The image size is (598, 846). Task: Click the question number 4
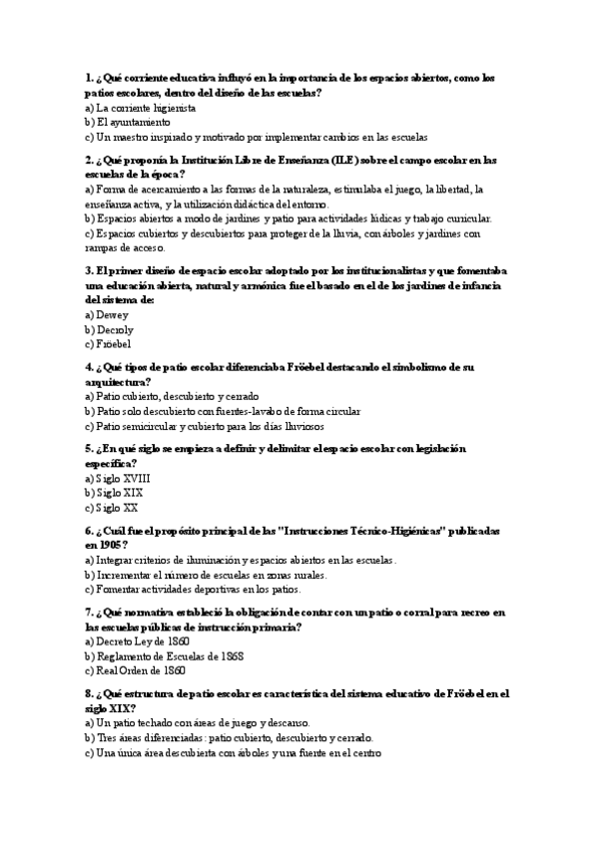(89, 366)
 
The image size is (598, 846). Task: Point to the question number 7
(89, 612)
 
